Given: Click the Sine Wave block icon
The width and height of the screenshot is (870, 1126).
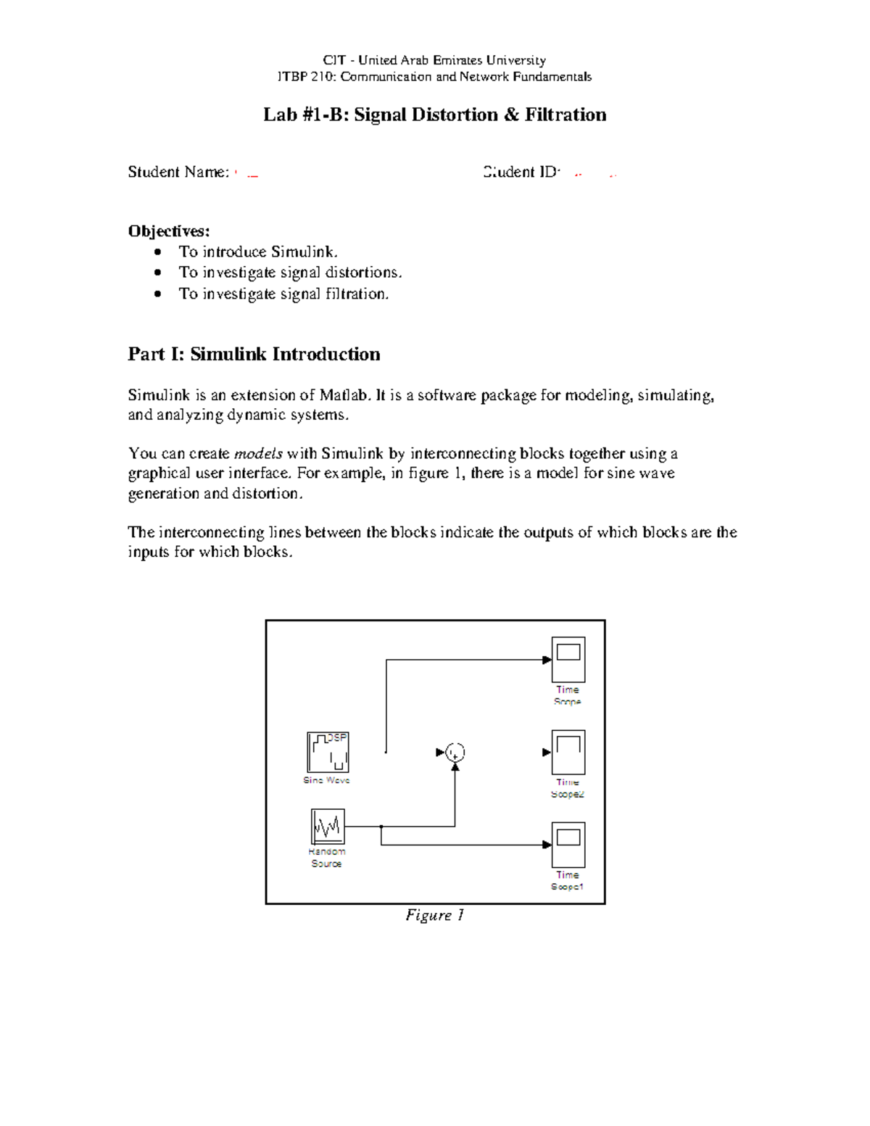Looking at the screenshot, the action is [328, 753].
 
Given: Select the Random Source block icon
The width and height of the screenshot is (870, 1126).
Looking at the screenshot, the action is [328, 827].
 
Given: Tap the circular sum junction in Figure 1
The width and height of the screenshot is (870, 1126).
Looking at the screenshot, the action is [455, 753].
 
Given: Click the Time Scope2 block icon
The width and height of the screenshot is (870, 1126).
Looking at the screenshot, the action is [568, 753].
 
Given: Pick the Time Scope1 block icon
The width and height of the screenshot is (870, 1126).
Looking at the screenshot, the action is [568, 845].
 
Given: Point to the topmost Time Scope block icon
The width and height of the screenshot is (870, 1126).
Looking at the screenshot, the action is [568, 660].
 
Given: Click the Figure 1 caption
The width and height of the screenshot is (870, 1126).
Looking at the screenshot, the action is [434, 915].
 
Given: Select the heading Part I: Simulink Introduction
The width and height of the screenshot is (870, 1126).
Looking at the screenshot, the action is [254, 354].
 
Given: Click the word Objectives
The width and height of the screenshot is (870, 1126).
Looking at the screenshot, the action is [168, 231].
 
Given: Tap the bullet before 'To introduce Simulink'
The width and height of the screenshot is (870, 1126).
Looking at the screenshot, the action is [158, 252].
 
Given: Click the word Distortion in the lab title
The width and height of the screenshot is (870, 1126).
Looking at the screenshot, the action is [455, 115].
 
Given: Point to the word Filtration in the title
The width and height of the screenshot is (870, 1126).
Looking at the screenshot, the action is [565, 115].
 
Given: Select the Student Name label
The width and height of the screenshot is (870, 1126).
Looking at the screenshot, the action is [178, 172].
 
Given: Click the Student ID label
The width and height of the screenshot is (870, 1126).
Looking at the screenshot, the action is [521, 172].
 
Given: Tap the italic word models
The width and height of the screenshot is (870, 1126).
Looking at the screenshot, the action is [258, 454].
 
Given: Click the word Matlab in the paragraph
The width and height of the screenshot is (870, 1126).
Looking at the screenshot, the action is [344, 395].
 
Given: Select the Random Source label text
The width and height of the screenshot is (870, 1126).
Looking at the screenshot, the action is [327, 858].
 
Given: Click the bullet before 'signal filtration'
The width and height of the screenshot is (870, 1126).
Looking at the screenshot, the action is [158, 294].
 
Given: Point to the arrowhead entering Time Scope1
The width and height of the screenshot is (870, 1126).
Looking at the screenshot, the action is [547, 845].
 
